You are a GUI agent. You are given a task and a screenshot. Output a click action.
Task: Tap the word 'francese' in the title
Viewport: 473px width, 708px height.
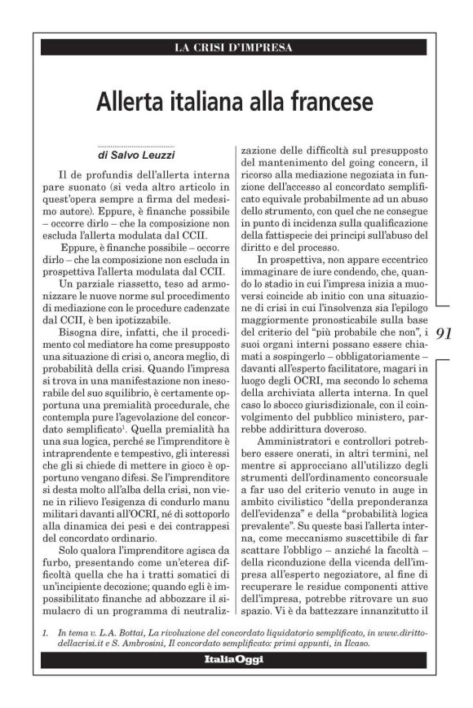tap(330, 103)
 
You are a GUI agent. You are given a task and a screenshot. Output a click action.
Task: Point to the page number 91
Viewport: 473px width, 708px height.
tap(444, 333)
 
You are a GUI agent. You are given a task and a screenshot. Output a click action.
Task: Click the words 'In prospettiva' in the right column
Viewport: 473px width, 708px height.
tap(283, 268)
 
